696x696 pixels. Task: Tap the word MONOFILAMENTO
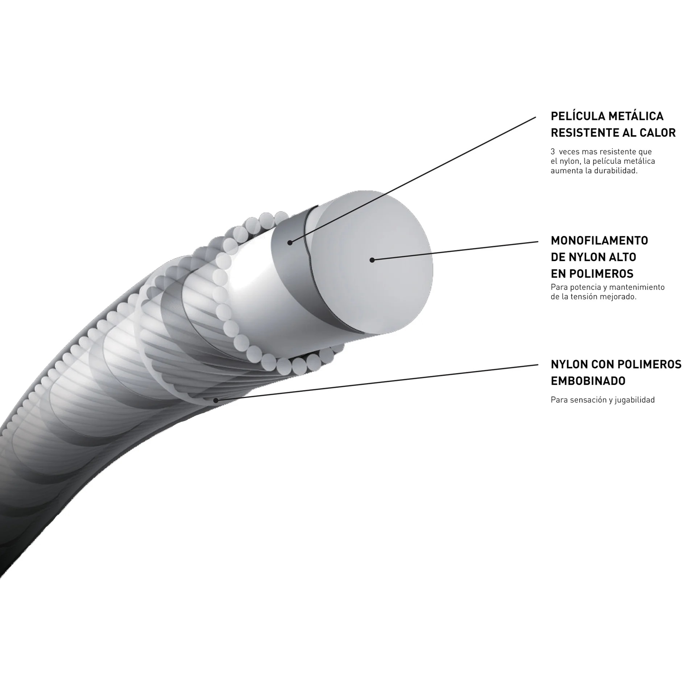click(x=599, y=240)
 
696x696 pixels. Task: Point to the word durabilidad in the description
click(x=617, y=171)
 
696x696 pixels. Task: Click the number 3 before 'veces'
click(x=552, y=152)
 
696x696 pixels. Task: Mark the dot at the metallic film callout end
click(x=290, y=243)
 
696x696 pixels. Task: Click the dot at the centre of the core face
click(x=372, y=260)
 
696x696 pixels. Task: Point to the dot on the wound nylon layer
click(x=216, y=400)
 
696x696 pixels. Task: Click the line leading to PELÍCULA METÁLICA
click(x=413, y=179)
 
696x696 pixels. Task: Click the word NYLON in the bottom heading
click(x=569, y=364)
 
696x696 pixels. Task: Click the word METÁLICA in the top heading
click(x=637, y=116)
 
